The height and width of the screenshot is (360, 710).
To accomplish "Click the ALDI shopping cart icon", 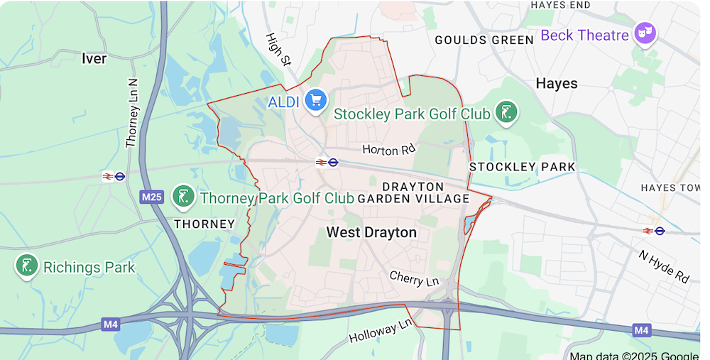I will pos(315,100).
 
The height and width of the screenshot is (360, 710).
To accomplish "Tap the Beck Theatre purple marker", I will pos(645,33).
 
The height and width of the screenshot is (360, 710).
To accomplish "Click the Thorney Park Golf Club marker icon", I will pos(184,197).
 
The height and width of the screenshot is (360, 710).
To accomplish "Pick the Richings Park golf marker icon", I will pos(27,267).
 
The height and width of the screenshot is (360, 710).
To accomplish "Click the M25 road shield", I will pos(151,197).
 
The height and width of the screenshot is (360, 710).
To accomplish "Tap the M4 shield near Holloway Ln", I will pos(110,324).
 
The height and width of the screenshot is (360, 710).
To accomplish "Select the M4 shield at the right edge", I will pos(641,330).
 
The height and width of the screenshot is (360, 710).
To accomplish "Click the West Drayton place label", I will pos(371,232).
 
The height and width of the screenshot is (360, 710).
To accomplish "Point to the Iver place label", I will pos(94,58).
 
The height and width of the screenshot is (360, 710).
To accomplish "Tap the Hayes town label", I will pos(557,84).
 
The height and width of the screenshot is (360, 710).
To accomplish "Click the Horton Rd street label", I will pos(388,149).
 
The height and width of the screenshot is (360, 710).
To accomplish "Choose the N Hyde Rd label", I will pos(664,266).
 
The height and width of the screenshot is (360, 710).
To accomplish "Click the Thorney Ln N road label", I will pos(131,113).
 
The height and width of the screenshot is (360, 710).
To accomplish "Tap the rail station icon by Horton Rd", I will pos(327,163).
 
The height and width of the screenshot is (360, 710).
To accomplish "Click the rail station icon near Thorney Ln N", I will pos(114,176).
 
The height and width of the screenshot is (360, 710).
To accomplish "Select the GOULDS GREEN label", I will pos(484,40).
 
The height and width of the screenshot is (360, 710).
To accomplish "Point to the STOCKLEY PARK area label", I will pos(523,167).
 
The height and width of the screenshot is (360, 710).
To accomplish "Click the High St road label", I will pos(278,49).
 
